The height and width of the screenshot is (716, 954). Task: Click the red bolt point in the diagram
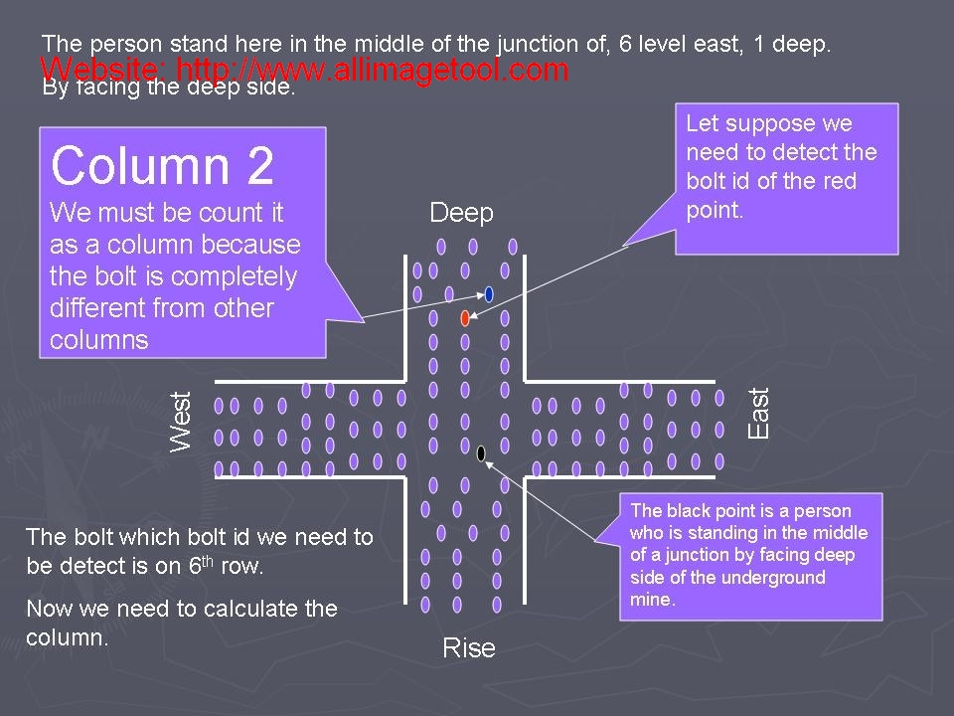point(465,318)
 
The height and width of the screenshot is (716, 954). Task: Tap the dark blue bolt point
point(489,294)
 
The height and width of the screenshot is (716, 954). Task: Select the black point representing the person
point(481,453)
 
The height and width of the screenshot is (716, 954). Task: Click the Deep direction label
point(461,213)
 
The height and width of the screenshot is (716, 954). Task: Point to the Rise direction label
point(468,648)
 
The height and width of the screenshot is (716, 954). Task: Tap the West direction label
point(181,422)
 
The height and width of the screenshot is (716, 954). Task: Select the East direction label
point(758,414)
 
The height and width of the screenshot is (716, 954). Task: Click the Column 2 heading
point(162,165)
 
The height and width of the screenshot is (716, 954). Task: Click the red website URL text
point(305,70)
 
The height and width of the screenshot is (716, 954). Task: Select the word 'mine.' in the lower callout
point(651,600)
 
